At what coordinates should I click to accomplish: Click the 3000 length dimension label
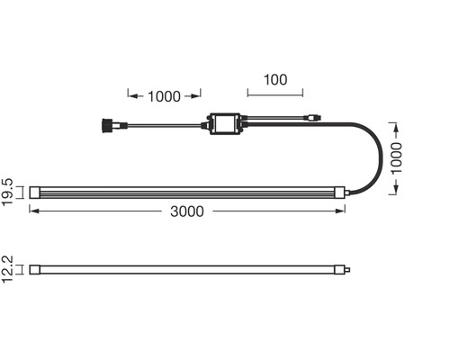coord(185,211)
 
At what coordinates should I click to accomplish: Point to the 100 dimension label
coord(274,79)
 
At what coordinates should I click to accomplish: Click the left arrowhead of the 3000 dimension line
coord(32,211)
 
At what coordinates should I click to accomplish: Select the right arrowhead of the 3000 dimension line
coord(344,211)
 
